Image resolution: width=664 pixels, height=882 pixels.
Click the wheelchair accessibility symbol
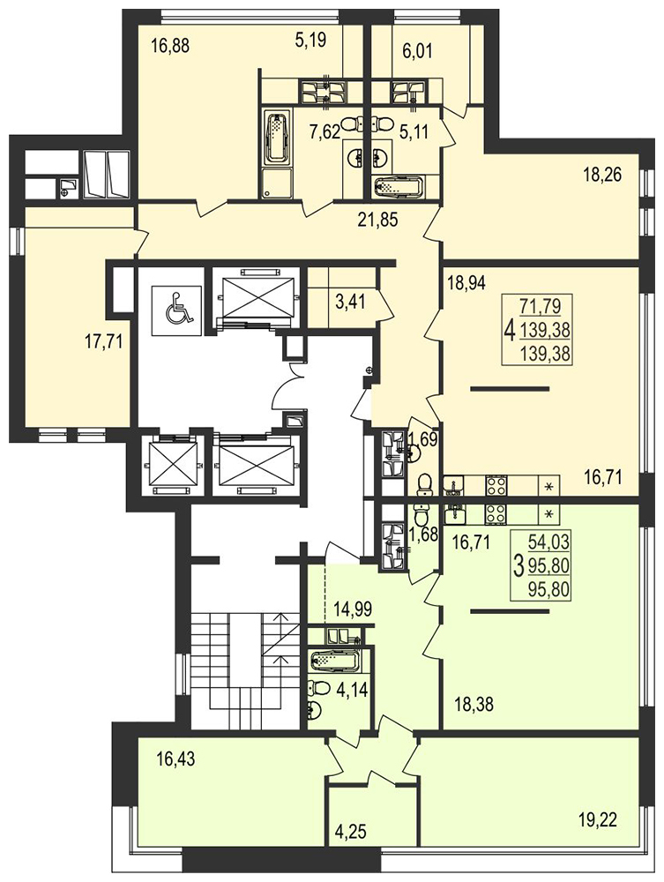(177, 308)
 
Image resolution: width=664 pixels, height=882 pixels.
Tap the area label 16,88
(170, 45)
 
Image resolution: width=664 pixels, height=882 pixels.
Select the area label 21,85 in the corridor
(377, 219)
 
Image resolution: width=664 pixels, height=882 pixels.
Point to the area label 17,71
(103, 341)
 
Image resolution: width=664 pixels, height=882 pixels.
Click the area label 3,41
(350, 302)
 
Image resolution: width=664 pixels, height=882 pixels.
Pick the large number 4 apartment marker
(510, 330)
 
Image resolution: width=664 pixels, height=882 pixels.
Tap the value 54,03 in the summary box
(549, 542)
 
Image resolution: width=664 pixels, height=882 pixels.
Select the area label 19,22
(597, 819)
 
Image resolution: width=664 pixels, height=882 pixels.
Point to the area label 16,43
(175, 759)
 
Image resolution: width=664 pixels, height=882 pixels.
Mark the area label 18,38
(474, 704)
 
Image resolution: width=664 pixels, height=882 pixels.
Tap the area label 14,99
(353, 609)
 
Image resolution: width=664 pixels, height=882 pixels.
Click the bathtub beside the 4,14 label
(335, 661)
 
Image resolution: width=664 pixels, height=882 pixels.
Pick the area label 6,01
(417, 52)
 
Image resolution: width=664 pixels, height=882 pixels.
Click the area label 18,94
(466, 281)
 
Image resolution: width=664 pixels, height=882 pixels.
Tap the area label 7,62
(325, 133)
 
